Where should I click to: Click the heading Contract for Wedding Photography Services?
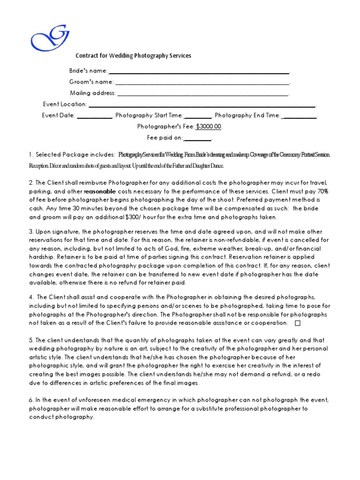click(x=134, y=56)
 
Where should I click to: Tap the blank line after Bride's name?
click(x=199, y=72)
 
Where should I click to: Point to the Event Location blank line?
click(x=202, y=105)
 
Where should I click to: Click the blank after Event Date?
click(x=94, y=116)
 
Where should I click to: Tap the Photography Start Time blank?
click(x=198, y=116)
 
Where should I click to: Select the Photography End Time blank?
click(x=300, y=116)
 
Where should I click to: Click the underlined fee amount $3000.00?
click(x=209, y=127)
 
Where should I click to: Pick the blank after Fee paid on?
click(x=197, y=138)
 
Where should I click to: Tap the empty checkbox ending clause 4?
click(x=298, y=323)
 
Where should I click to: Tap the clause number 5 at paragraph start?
click(x=30, y=340)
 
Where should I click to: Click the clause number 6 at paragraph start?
click(x=30, y=400)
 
